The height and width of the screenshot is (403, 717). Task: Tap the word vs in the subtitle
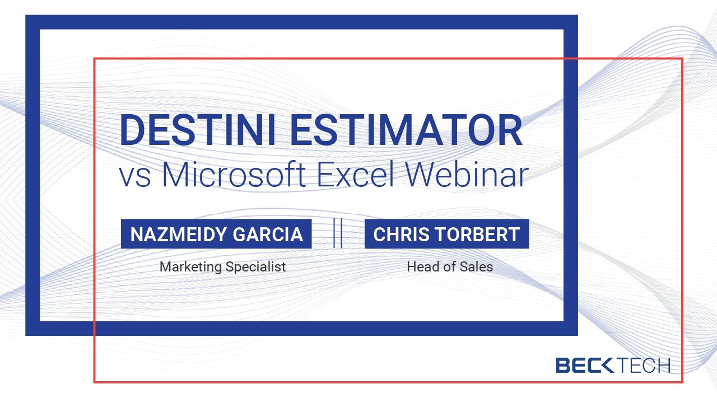point(135,176)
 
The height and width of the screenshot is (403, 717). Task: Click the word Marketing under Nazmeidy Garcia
point(191,267)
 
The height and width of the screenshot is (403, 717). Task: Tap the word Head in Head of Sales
point(420,267)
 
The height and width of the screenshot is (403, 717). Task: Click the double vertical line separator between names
point(338,233)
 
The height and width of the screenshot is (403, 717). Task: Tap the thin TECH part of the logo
point(644,366)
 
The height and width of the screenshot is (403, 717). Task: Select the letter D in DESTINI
point(132,130)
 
